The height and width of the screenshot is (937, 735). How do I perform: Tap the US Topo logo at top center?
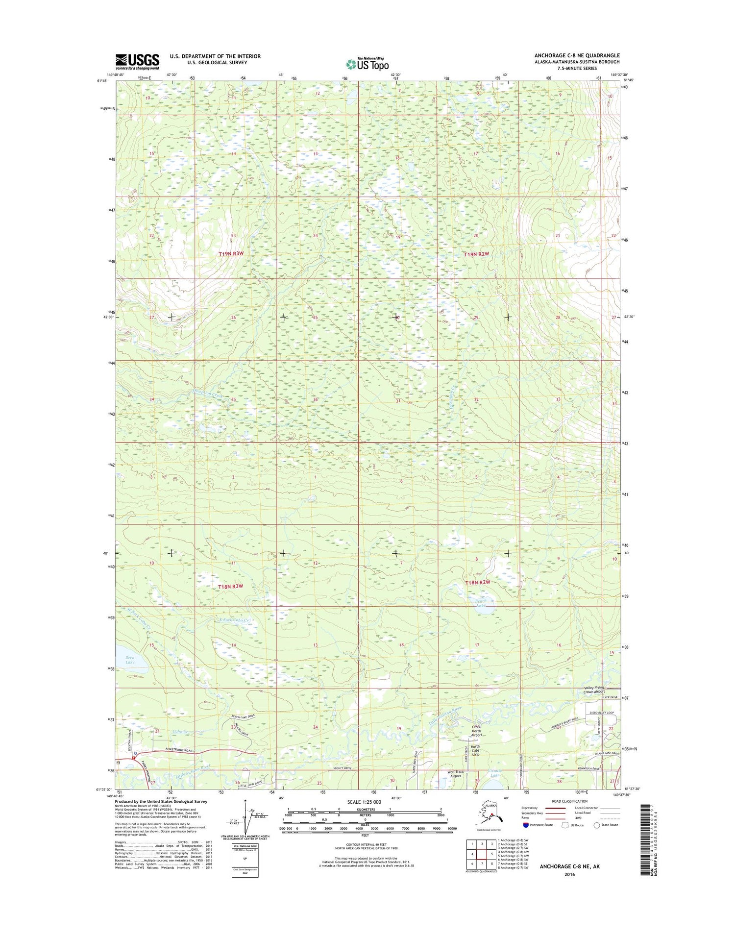367,64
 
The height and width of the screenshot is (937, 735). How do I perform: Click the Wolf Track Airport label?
455,774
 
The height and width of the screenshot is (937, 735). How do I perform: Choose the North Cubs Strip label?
475,750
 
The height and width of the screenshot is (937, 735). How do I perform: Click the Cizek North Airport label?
477,731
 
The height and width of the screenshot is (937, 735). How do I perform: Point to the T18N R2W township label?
477,582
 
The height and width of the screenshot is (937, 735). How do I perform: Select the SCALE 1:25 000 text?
364,802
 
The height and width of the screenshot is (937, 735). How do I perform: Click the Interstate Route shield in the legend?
526,824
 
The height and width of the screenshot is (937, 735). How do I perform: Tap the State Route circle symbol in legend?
596,824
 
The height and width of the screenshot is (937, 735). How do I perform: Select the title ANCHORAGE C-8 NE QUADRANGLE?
577,55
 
